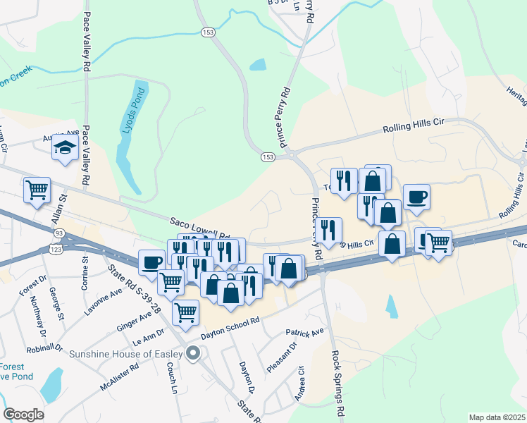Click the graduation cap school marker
(x=64, y=148)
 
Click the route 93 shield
(x=58, y=233)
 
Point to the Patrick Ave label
(x=304, y=331)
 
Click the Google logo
(x=23, y=414)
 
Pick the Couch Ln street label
(x=170, y=379)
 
